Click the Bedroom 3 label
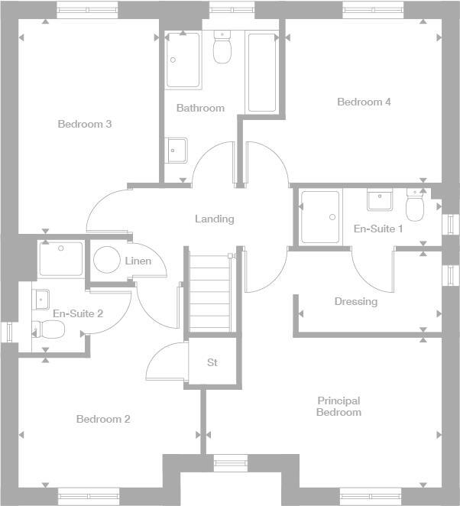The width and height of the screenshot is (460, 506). (85, 124)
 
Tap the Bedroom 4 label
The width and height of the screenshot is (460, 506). (364, 102)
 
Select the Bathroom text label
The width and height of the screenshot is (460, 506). (200, 108)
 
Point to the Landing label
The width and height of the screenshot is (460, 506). (214, 219)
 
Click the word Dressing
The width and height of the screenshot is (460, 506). (356, 301)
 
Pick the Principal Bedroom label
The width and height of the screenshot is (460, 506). (339, 407)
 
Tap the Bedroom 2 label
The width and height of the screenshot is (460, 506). (103, 419)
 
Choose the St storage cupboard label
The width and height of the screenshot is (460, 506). (212, 362)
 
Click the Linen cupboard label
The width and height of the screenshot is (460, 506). (138, 261)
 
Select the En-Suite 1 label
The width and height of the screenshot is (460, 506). (378, 229)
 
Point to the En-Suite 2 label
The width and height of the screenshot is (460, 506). (78, 313)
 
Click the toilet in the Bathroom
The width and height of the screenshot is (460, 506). (222, 50)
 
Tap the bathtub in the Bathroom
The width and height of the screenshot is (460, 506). (262, 73)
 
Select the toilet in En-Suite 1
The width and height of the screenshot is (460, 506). (415, 207)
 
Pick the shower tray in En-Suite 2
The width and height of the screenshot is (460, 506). (61, 260)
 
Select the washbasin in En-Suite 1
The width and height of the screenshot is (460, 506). (380, 200)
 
